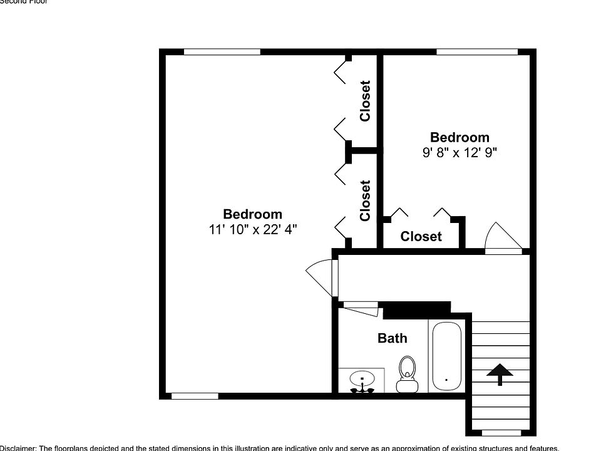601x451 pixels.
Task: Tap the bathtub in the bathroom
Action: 446,356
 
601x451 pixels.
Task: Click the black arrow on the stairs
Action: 500,374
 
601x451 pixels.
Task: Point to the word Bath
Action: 392,338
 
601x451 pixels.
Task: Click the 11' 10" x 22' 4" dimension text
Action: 252,230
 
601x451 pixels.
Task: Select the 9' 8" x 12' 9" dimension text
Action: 460,152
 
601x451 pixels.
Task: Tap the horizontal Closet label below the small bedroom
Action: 421,236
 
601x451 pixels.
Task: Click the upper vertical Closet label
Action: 365,101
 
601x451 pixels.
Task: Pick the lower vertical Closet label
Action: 365,200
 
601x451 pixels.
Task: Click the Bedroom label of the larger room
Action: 252,214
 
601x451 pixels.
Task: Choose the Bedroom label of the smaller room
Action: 460,137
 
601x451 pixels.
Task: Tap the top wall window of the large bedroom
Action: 222,52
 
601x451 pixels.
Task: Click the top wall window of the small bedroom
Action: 477,52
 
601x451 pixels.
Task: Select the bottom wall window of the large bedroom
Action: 195,396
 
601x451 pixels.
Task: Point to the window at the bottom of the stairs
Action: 501,433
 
